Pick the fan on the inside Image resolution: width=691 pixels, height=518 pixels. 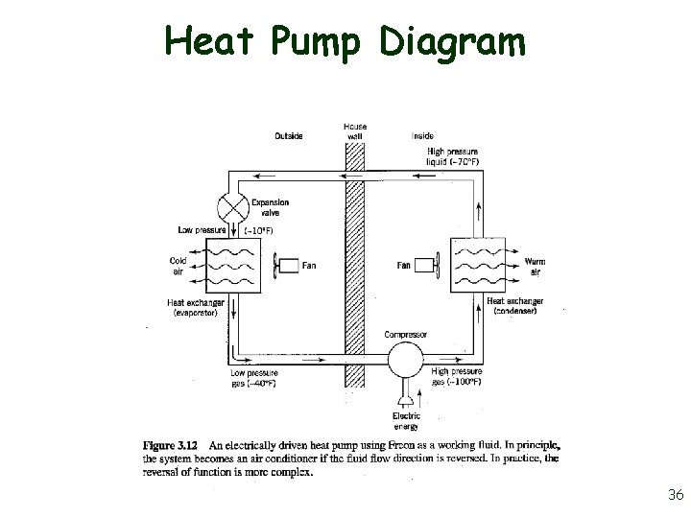tap(429, 265)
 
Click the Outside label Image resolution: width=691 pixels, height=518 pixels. tap(288, 136)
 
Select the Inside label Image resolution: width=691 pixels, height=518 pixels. tap(421, 136)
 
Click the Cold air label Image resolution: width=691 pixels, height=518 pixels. tap(179, 266)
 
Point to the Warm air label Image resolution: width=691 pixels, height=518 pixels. tap(534, 266)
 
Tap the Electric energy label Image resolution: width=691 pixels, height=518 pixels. tap(406, 421)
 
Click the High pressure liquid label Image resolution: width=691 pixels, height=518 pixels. tap(454, 156)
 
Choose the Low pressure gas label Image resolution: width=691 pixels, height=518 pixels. tap(254, 377)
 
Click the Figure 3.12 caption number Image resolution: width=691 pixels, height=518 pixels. tap(172, 446)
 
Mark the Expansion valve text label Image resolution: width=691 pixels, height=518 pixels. tap(270, 208)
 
